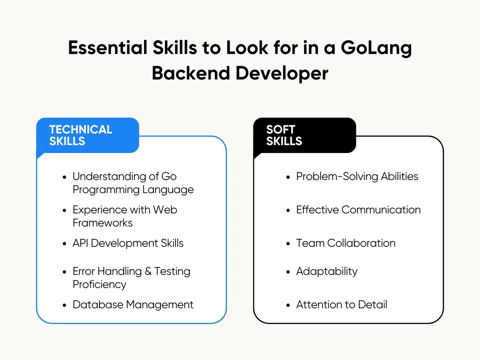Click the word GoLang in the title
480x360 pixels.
coord(376,48)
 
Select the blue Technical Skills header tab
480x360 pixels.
coord(88,135)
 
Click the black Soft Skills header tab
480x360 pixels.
coord(304,135)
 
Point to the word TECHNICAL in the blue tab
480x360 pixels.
coord(81,130)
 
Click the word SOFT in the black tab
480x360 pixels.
coord(280,130)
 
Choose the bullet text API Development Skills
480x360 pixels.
coord(128,243)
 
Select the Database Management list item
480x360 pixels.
coord(133,305)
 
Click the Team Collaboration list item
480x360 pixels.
coord(346,243)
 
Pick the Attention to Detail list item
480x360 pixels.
coord(342,305)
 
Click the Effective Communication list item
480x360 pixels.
coord(358,210)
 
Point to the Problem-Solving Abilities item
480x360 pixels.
coord(357,177)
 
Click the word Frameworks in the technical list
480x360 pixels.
coord(102,223)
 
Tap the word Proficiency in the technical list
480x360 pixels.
coord(99,285)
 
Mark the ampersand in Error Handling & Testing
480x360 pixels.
coord(148,271)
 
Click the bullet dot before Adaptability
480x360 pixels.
coord(288,272)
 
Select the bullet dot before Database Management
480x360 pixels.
coord(64,305)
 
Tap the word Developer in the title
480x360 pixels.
coord(282,73)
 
